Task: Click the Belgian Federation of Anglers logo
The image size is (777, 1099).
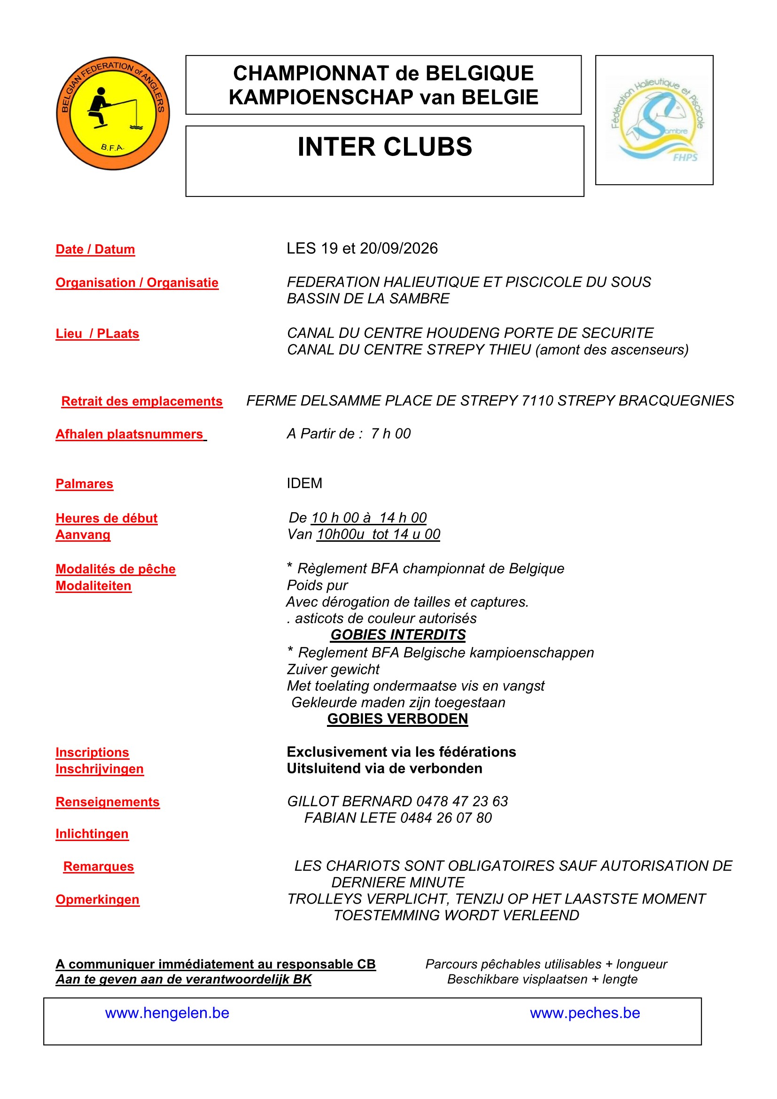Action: tap(113, 113)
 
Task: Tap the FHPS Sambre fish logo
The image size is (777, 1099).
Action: tap(654, 120)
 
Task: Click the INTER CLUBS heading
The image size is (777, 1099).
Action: tap(385, 147)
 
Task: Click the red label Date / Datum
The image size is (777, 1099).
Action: tap(95, 249)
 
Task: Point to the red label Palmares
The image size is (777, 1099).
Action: tap(84, 484)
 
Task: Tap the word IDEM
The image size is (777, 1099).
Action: tap(304, 483)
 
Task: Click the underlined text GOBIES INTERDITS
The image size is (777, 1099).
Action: tap(397, 635)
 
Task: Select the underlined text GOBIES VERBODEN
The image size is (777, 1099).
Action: tap(397, 719)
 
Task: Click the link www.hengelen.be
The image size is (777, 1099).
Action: tap(167, 1013)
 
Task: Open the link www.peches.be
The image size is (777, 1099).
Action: tap(585, 1013)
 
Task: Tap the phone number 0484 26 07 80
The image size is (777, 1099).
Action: tap(446, 818)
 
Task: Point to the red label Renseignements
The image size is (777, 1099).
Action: tap(108, 802)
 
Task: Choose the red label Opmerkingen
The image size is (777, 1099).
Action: tap(98, 900)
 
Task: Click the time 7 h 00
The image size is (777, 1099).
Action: tap(390, 434)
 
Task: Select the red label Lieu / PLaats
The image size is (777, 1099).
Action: tap(97, 334)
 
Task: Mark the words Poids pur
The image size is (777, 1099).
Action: tap(317, 585)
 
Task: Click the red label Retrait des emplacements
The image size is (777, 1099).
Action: tap(141, 401)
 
